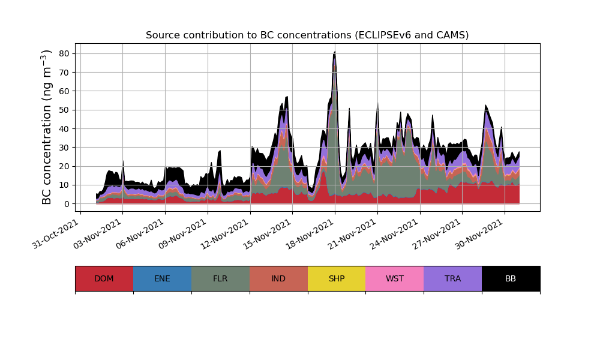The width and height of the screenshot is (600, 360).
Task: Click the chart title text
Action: pos(307,35)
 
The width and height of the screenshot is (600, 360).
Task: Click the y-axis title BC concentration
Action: pos(47,127)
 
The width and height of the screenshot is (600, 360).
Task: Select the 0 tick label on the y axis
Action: pos(66,204)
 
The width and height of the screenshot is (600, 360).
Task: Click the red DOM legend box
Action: pos(104,278)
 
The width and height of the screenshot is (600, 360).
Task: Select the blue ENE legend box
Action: pos(162,278)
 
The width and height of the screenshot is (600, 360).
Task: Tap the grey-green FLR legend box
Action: pos(220,278)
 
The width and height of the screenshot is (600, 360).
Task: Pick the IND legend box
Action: pos(278,278)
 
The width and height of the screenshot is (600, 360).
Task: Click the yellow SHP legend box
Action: pos(337,278)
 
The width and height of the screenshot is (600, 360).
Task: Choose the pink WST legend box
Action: pos(395,278)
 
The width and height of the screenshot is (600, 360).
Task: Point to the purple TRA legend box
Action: pos(453,278)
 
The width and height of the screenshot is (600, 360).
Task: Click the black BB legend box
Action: pos(511,278)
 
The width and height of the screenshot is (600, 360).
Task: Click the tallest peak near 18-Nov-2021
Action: pos(334,53)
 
